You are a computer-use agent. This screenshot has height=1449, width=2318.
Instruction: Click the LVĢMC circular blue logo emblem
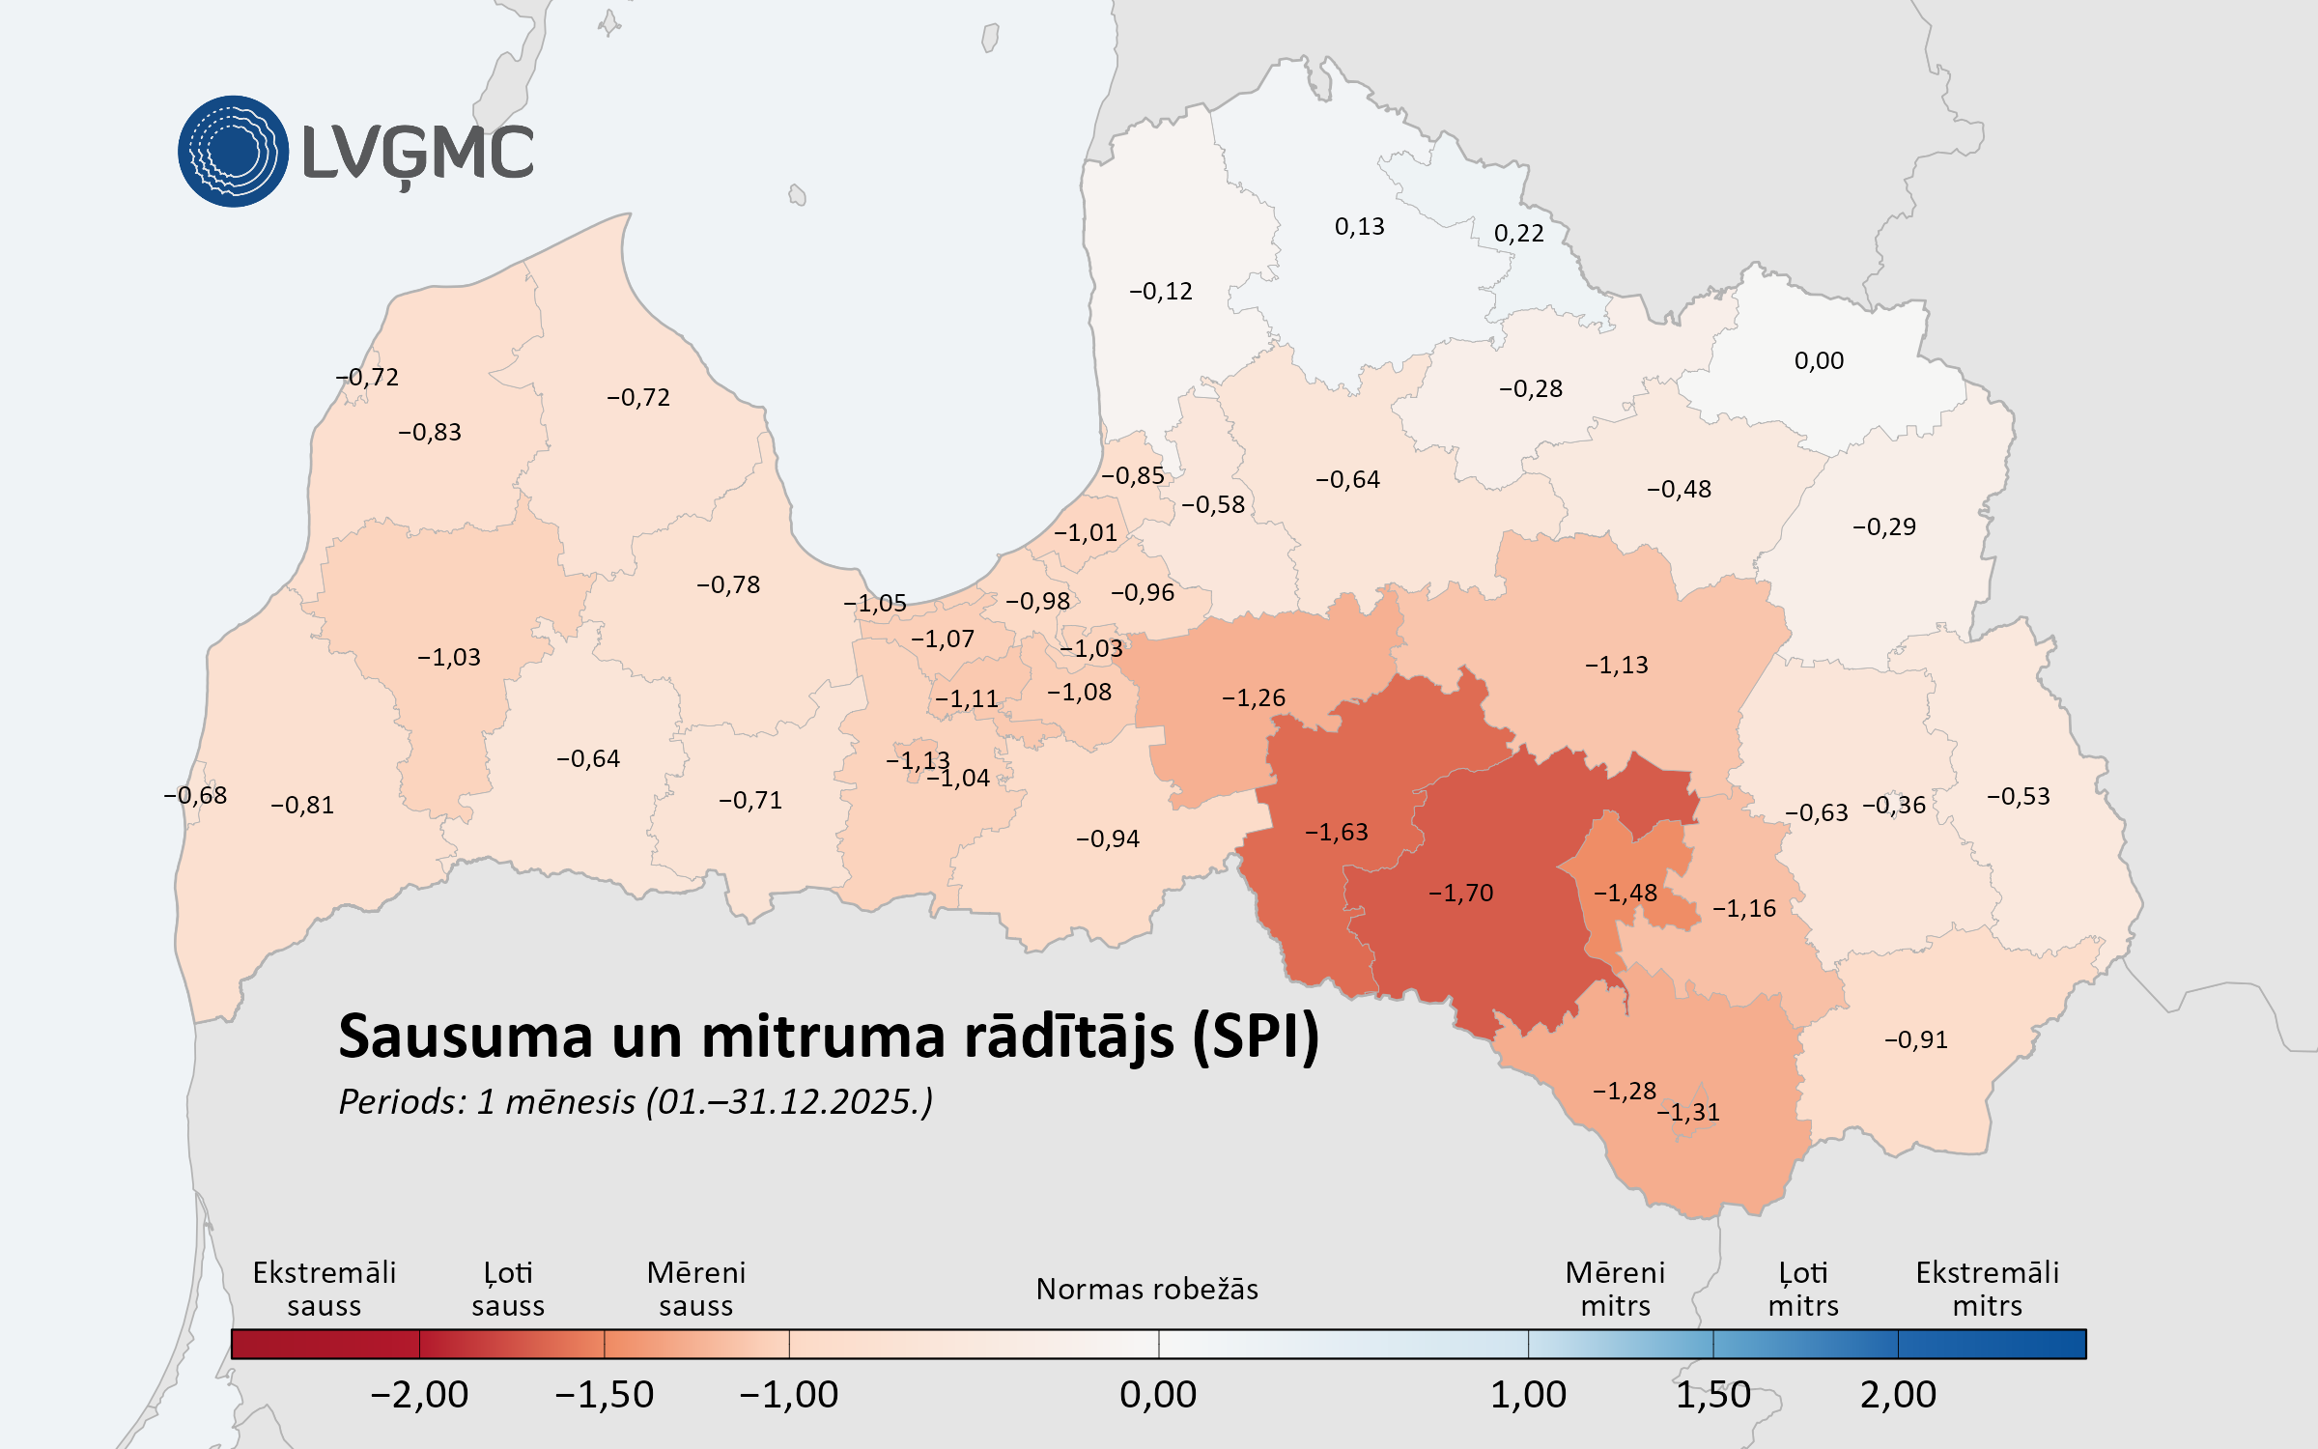(233, 152)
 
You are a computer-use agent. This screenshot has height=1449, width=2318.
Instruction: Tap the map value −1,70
(1460, 893)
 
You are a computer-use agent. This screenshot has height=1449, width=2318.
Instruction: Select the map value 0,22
(1518, 233)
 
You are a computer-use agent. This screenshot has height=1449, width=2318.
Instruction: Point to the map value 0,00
(1819, 360)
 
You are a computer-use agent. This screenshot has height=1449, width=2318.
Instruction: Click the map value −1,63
(1336, 832)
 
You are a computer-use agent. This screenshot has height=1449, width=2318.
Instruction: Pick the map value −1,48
(1625, 893)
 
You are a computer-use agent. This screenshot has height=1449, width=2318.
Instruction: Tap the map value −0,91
(1915, 1039)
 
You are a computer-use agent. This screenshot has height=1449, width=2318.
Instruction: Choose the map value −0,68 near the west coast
(195, 795)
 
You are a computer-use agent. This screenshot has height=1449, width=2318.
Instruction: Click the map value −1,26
(1253, 697)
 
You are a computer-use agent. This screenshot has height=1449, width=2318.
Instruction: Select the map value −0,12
(1160, 291)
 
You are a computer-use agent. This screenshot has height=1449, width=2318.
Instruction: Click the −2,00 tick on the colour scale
(419, 1394)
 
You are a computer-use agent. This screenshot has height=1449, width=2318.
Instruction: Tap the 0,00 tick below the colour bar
(1158, 1394)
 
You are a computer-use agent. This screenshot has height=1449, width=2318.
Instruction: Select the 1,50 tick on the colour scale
(1712, 1394)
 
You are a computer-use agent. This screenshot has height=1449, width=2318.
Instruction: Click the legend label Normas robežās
(1146, 1289)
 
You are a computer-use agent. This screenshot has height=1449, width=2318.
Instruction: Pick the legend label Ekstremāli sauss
(324, 1289)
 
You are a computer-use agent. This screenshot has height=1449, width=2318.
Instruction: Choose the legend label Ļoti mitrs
(1802, 1289)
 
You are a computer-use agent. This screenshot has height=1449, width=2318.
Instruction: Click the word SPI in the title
(1256, 1037)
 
